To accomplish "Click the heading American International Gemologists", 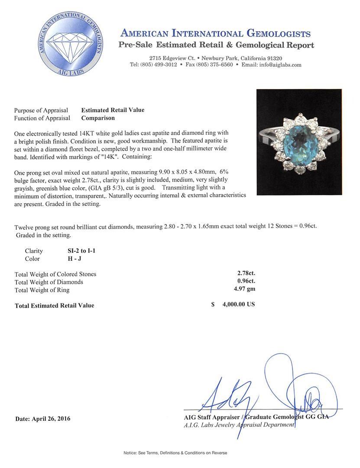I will [x=215, y=33].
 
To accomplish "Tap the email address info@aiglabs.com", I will [x=278, y=65].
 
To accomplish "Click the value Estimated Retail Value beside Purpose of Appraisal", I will [x=113, y=110].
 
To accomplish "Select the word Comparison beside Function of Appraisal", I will [x=98, y=118].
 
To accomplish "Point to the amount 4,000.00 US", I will [x=238, y=304].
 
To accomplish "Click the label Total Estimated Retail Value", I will [x=54, y=305].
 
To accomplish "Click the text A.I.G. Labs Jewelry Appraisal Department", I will [x=239, y=425].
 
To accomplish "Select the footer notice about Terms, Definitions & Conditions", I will [x=175, y=453].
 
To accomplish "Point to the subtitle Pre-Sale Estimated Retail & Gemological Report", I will [x=216, y=45].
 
